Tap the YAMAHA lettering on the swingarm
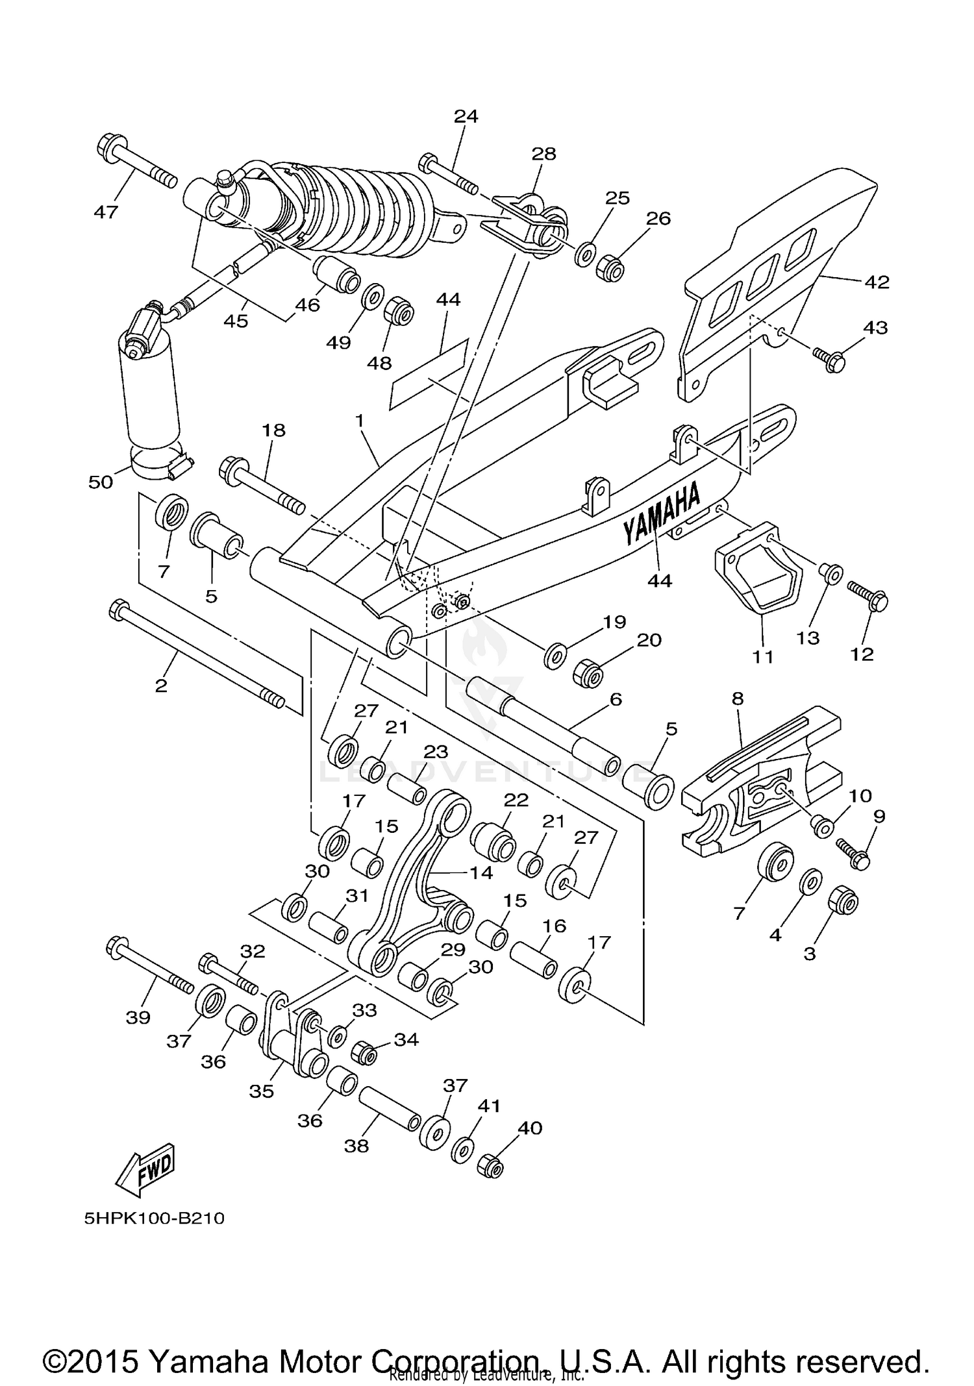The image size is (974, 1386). tap(662, 513)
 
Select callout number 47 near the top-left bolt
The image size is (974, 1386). tap(106, 212)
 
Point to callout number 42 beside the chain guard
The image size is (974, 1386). tap(877, 282)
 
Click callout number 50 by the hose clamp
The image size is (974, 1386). tap(101, 482)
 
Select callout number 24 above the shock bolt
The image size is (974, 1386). tap(466, 116)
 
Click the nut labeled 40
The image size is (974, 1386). tap(492, 1167)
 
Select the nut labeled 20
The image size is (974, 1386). tap(588, 676)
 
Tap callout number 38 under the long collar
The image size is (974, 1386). tap(357, 1146)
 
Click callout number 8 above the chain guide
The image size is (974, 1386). tap(737, 699)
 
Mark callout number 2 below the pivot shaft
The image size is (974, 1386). tap(161, 686)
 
